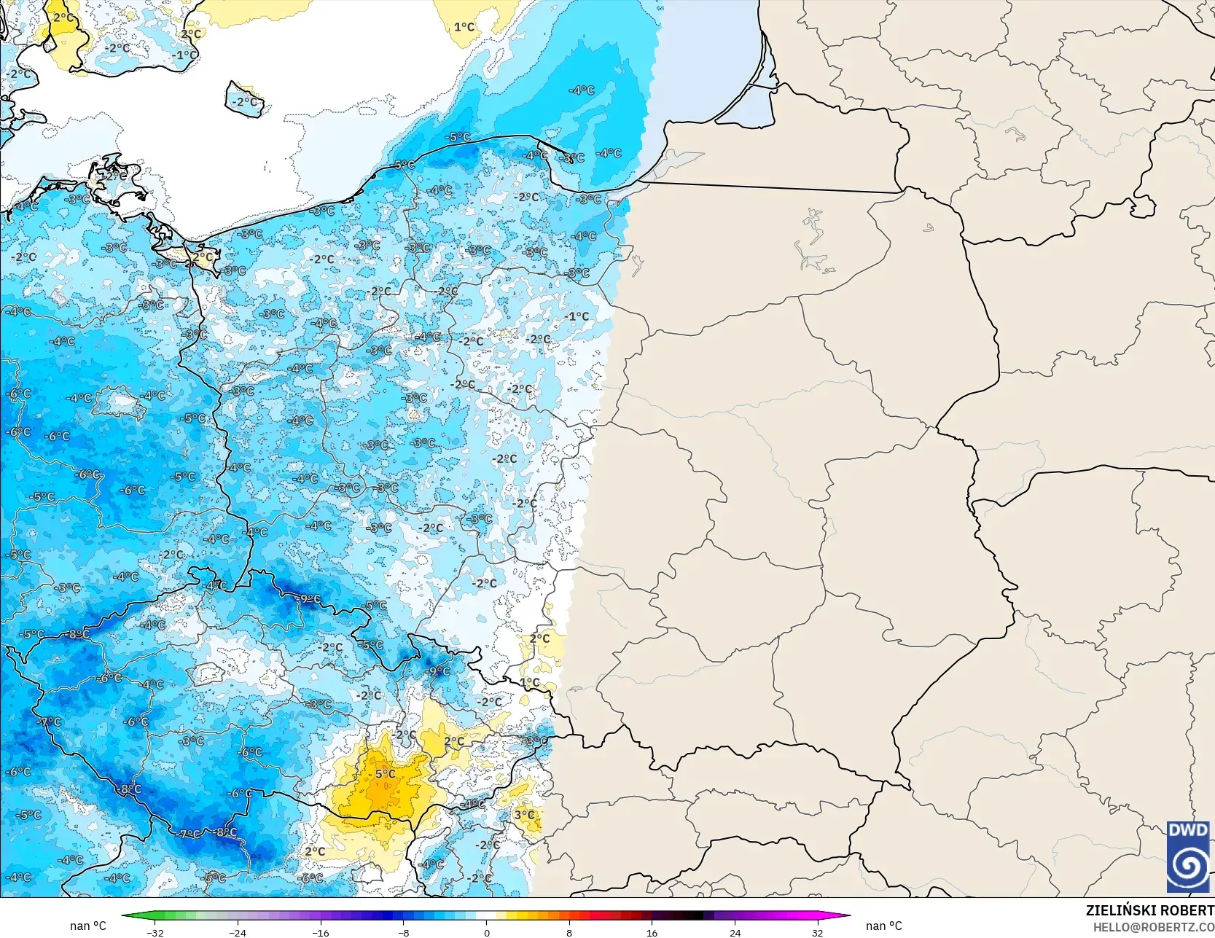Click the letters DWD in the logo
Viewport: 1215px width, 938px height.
1188,830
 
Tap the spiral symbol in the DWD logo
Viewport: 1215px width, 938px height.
1188,866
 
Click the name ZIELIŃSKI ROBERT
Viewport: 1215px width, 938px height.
1149,910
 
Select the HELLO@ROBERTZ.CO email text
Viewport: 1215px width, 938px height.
1153,926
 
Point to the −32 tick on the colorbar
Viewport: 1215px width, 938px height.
155,932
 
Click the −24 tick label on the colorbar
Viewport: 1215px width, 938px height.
238,932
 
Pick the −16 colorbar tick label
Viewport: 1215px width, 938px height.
321,932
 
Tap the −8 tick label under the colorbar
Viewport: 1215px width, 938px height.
403,932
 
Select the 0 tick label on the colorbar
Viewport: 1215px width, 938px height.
486,932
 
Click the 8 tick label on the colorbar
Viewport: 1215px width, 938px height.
569,932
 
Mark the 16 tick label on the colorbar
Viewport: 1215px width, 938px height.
652,932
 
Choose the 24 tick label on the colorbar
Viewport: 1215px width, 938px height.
735,932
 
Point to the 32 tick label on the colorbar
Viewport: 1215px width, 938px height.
817,932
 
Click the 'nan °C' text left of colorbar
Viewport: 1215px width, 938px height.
88,926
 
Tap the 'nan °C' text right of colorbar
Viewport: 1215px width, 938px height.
883,926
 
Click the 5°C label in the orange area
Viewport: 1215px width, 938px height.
385,774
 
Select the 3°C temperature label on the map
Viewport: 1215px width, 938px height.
524,815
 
